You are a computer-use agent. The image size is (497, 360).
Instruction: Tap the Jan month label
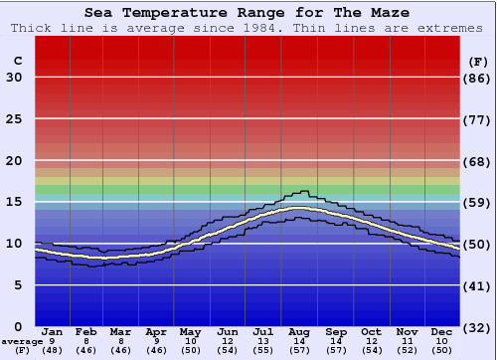point(53,331)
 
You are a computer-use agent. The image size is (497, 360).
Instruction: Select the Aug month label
point(298,331)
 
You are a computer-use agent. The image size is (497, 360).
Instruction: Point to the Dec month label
point(442,331)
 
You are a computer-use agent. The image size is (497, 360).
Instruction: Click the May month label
point(190,331)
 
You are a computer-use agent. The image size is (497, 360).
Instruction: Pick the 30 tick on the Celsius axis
point(14,78)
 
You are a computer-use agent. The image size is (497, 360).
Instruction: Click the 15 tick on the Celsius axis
point(14,202)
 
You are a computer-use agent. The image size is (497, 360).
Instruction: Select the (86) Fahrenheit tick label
point(478,78)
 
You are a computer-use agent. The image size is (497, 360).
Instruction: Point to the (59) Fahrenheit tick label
point(478,202)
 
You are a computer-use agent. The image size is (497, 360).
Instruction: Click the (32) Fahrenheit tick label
point(478,326)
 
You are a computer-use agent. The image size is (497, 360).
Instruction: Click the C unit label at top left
point(17,61)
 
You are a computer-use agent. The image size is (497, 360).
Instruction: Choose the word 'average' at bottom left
point(22,341)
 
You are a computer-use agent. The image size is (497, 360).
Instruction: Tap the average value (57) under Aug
point(298,350)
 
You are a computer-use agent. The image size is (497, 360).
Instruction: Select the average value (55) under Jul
point(263,350)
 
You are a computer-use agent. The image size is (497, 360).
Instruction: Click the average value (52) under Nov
point(407,350)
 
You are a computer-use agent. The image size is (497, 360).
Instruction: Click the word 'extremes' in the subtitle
point(455,28)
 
